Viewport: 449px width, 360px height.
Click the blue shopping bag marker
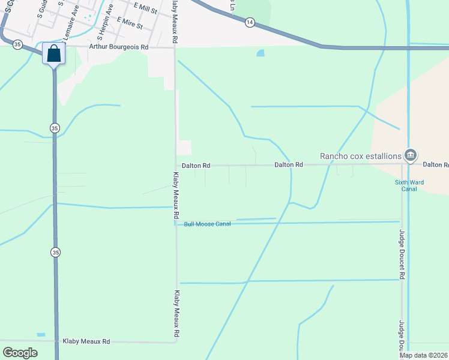(x=54, y=53)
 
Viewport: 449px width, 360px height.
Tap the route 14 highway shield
(x=249, y=22)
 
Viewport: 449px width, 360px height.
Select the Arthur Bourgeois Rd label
(x=118, y=46)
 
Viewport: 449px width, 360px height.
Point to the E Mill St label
(x=145, y=8)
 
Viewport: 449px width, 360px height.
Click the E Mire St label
(x=130, y=23)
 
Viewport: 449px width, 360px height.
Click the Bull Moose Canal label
(x=207, y=224)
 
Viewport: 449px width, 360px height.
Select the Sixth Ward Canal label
(x=406, y=185)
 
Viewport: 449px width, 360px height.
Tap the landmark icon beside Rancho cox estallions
(x=411, y=155)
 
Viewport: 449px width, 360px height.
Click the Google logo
(x=20, y=353)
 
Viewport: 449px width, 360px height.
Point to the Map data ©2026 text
(x=424, y=355)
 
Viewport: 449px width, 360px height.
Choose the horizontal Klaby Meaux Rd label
(x=86, y=341)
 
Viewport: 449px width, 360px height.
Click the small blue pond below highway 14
(x=261, y=53)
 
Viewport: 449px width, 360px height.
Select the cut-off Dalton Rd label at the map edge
(x=436, y=164)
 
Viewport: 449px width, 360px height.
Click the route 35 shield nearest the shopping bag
(x=17, y=44)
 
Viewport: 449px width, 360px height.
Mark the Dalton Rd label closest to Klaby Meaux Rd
(x=196, y=165)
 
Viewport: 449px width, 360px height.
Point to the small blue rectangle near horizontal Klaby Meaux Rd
(x=41, y=334)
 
